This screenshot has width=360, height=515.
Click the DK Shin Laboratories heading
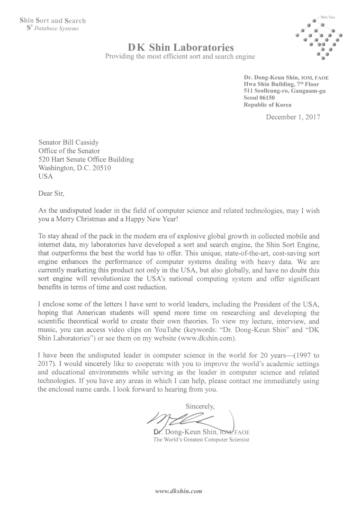pos(180,47)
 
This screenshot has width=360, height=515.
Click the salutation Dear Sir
pos(50,193)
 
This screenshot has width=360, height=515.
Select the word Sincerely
pos(200,406)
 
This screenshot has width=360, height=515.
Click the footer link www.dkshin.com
pos(179,491)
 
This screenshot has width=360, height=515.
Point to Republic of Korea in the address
pos(268,105)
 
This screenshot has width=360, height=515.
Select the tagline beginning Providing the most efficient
pos(180,56)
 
